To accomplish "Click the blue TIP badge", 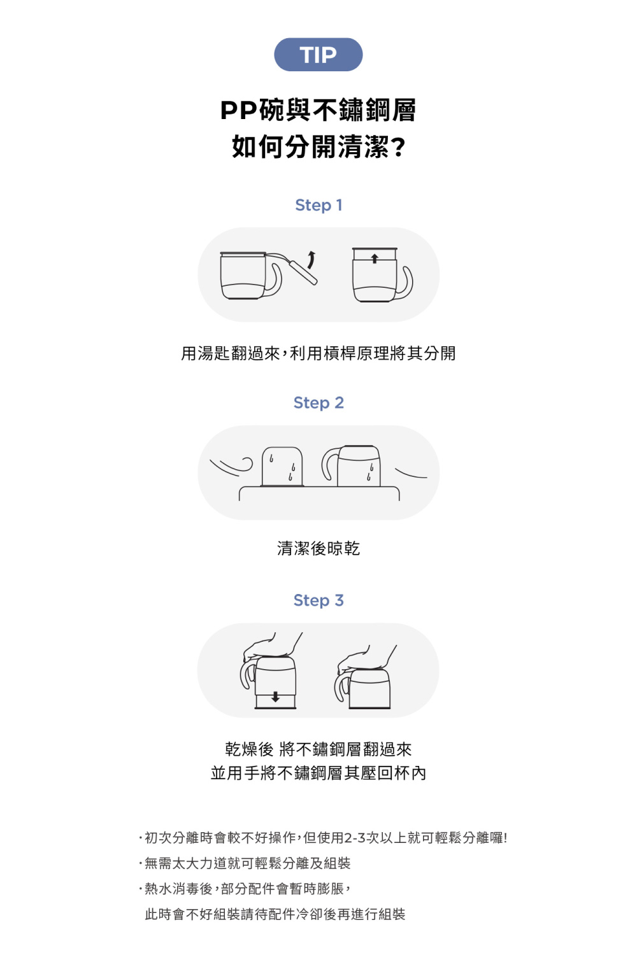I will [318, 55].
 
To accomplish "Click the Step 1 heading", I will [318, 205].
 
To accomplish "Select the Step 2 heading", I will [318, 403].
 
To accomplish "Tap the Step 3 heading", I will [318, 600].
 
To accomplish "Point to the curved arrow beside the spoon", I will [311, 260].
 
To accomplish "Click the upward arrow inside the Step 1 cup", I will [375, 258].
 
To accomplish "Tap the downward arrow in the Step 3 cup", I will [275, 697].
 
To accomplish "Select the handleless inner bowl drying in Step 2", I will [282, 467].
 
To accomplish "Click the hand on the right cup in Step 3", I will [367, 658].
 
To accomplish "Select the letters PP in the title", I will [239, 111].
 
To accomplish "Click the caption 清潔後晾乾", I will [318, 548].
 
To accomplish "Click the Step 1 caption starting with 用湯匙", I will [318, 353].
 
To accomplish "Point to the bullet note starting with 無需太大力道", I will [247, 863].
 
